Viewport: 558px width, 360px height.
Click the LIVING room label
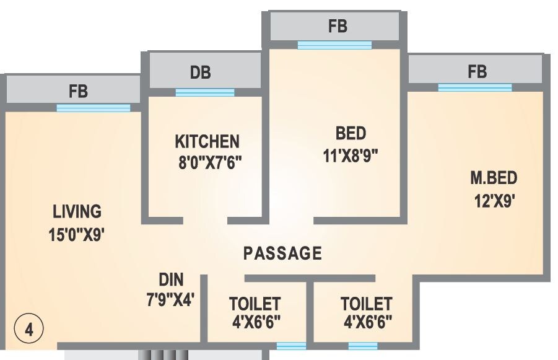77,211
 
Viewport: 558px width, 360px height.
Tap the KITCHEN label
207,141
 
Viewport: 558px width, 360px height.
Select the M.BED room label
493,179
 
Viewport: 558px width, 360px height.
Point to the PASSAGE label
282,253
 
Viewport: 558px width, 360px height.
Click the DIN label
171,279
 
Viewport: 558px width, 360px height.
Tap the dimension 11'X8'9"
351,155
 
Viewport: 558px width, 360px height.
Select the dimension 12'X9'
493,201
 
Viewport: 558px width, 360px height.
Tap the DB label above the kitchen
200,73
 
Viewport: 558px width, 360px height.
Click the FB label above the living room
78,92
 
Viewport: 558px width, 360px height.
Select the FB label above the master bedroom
477,71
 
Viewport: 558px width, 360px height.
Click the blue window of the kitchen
205,93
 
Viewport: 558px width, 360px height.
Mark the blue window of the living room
94,108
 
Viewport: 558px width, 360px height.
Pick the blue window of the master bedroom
475,87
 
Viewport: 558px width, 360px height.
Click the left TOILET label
255,304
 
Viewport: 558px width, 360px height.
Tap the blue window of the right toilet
363,346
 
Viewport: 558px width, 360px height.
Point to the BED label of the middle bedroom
351,133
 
